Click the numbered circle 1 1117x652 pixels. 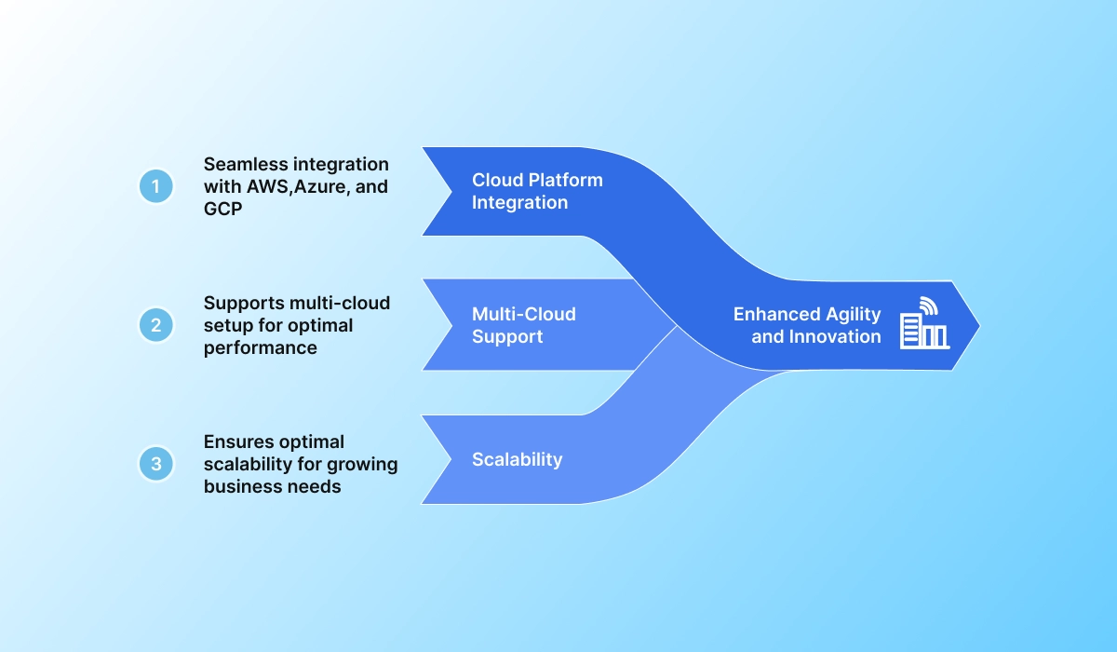click(x=156, y=186)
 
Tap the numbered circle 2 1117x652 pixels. click(x=156, y=325)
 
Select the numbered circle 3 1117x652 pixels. click(x=156, y=463)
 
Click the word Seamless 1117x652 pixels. click(x=243, y=165)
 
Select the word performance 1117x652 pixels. click(x=261, y=347)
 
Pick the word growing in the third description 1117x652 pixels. click(x=361, y=464)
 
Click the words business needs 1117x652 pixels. click(x=272, y=485)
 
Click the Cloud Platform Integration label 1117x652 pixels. click(x=537, y=191)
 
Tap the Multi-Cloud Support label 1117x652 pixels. click(x=523, y=325)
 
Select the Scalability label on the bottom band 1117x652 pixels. click(x=517, y=459)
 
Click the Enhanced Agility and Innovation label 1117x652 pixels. click(x=806, y=325)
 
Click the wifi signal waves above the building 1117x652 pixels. click(x=928, y=305)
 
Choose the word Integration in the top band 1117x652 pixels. click(x=519, y=202)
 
